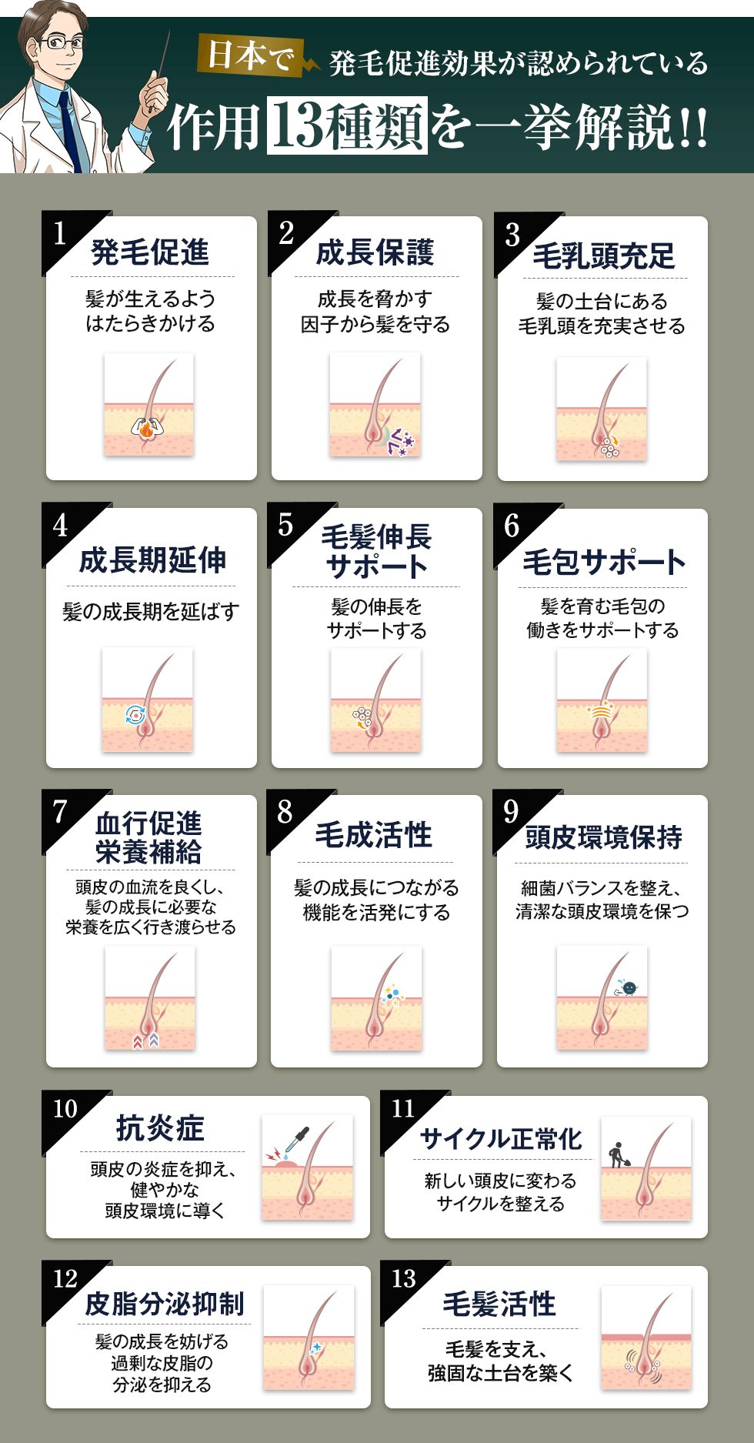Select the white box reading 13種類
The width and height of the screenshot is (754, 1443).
[347, 125]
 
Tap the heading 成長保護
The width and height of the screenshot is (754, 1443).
[375, 252]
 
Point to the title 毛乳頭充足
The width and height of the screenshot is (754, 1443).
[603, 256]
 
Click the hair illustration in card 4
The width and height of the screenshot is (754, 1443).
[148, 699]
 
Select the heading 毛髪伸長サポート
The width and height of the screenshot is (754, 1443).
[376, 551]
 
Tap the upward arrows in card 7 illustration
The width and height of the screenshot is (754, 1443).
[146, 1040]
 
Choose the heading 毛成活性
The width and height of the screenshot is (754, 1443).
[374, 835]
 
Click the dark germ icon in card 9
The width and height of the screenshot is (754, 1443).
[629, 987]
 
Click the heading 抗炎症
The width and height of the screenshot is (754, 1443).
[160, 1128]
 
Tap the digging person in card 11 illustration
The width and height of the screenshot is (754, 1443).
[617, 1154]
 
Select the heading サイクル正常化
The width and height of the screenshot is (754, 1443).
[501, 1138]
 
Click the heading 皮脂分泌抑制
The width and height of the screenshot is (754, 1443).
[165, 1304]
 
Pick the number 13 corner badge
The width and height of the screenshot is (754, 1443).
[403, 1278]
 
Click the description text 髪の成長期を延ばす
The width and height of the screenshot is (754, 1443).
[151, 612]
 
